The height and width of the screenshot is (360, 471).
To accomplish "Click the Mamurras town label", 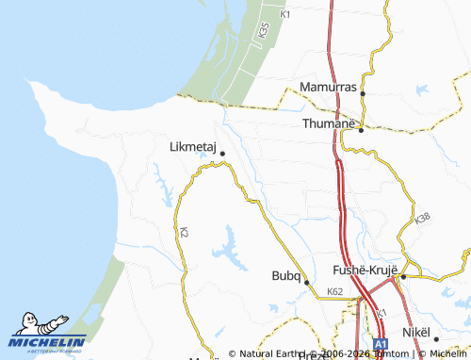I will tap(327, 87).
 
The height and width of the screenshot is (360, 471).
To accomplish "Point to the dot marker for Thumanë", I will tap(362, 131).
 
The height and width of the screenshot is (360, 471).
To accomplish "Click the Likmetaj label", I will tap(192, 147).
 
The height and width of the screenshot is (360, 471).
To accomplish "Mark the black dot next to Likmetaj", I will tap(222, 153).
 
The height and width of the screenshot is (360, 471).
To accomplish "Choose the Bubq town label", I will tap(284, 275).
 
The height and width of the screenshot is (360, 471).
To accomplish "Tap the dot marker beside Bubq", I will tap(306, 281).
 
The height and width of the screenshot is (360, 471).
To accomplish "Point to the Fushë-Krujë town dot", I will tap(403, 276).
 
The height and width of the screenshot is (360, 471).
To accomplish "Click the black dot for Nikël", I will tap(436, 338).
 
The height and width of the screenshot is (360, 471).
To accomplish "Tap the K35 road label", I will tap(262, 29).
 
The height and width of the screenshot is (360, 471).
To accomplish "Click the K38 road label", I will tap(422, 219).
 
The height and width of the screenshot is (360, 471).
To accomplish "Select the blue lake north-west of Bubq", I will tap(228, 247).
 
